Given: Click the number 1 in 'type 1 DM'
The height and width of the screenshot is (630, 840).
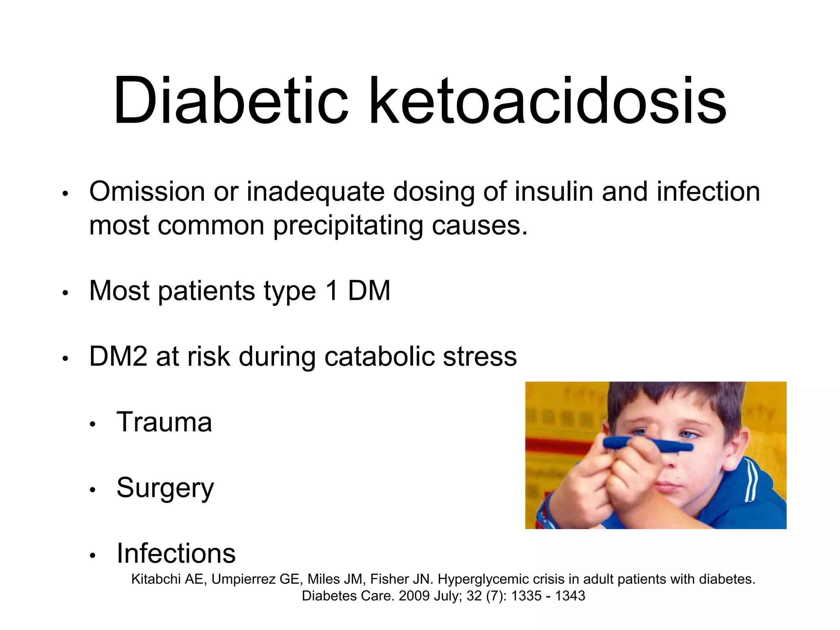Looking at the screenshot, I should click(332, 291).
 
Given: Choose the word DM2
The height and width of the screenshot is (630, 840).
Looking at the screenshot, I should click(118, 356).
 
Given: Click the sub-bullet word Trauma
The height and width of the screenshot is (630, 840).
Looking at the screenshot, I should click(164, 422).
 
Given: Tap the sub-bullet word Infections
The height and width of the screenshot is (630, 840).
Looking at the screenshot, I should click(176, 554).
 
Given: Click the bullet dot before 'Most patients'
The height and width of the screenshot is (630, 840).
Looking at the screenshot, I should click(65, 293).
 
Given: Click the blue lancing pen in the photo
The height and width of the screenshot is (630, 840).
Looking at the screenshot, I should click(648, 445).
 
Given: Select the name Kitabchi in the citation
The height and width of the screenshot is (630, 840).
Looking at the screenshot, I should click(156, 579).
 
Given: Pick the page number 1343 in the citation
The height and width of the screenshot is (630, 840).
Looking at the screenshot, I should click(570, 596).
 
